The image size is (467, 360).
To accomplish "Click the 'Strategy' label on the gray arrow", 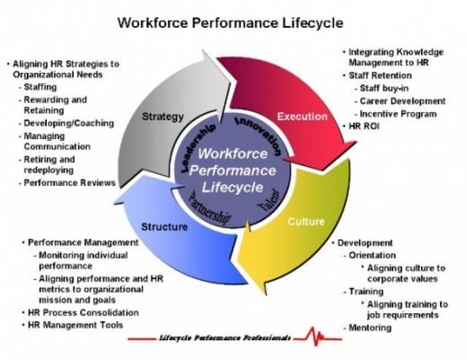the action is (163, 117).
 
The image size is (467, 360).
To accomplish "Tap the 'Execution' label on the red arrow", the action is (303, 116).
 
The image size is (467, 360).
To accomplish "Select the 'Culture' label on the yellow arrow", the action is (306, 222).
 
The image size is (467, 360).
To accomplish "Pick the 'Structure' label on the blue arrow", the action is (164, 227).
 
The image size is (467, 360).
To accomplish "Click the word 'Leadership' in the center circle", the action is (198, 147).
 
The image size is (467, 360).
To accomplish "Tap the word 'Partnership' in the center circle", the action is (210, 209).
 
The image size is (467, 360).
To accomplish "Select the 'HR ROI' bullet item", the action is (364, 127).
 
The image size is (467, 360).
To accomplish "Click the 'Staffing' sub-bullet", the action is (40, 87).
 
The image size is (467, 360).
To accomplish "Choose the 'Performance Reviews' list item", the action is (69, 182).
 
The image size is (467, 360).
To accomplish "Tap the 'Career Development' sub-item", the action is (402, 101).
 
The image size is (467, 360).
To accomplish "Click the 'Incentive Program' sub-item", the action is (398, 114).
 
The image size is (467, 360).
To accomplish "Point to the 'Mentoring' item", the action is (370, 328).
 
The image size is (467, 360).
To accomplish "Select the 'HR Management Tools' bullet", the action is (75, 325).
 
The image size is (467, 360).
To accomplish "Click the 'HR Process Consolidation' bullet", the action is (84, 312).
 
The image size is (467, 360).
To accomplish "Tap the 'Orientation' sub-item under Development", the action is (372, 255).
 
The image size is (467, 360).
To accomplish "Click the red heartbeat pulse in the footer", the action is (318, 337).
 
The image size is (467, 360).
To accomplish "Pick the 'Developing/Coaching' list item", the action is (69, 123).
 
